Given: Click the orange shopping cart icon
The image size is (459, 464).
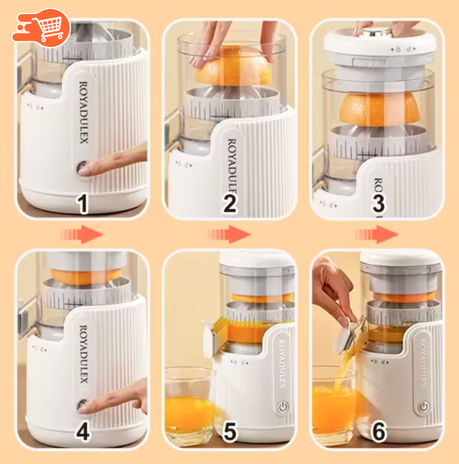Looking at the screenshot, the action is point(41,28).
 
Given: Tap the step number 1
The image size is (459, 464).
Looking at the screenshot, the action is point(83,204).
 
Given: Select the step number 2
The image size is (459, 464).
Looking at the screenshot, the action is point(230,204).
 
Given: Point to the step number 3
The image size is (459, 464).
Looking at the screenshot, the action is point(378,204).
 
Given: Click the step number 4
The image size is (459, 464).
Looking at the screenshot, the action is point(83,432).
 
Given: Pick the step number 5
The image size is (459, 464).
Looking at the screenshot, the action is point(230,432).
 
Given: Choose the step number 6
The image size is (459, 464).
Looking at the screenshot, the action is point(379,432).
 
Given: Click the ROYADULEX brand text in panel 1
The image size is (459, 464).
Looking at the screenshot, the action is point(84,113).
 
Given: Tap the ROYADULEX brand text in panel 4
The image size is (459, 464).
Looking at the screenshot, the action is point(84,354).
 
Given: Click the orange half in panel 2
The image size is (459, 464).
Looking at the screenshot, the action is point(234,66).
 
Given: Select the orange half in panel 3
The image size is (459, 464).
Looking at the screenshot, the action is point(380,109).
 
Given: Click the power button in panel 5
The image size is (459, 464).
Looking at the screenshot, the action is point(283,407).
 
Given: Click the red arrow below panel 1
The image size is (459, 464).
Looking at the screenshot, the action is point(82,235).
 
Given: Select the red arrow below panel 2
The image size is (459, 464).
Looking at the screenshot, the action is point(229,235).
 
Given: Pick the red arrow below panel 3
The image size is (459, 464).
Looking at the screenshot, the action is point(377,235).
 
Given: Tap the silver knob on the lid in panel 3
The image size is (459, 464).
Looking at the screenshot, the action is point(375,32).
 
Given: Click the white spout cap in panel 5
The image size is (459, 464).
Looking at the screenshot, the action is point(210,337).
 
